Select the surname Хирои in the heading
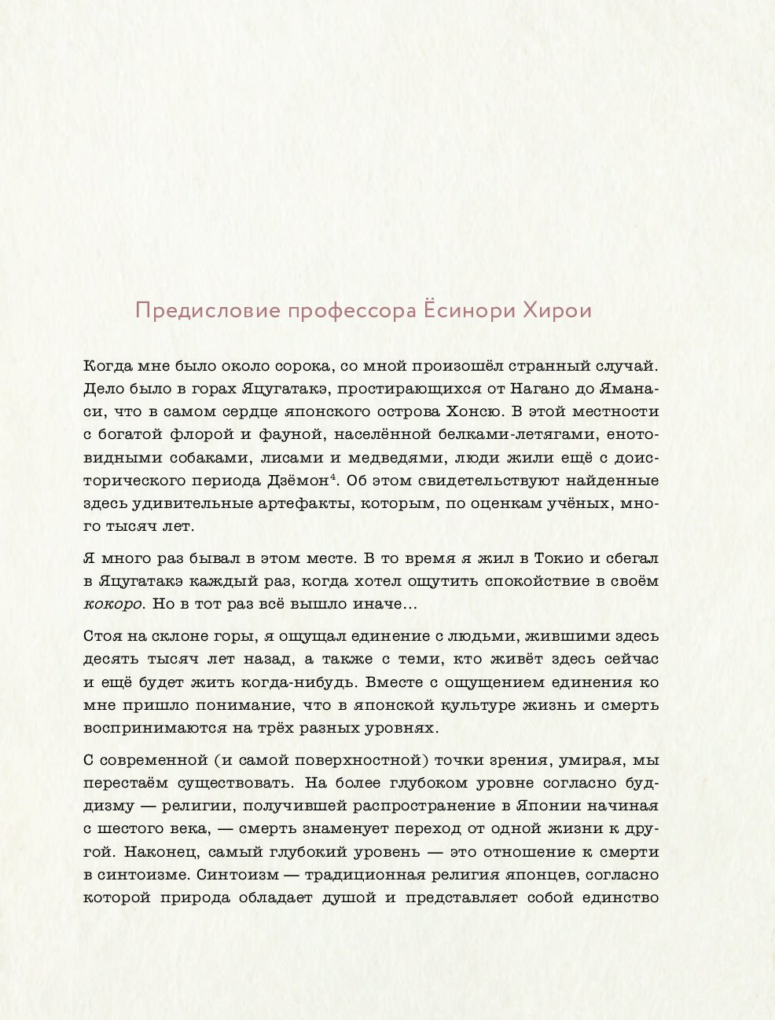[557, 311]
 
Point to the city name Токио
[559, 559]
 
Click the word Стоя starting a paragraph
[102, 637]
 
